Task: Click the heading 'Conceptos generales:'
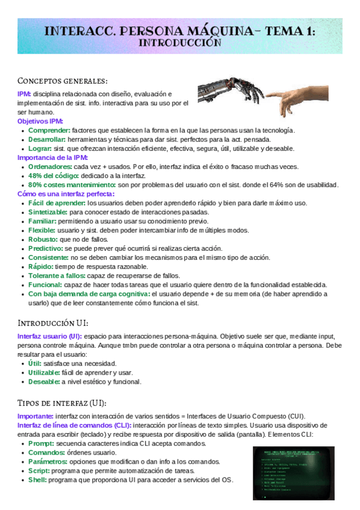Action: [63, 81]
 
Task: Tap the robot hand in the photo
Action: [231, 93]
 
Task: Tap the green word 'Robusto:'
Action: [44, 239]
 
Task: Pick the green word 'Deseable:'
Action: [44, 381]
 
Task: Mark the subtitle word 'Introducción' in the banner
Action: [180, 43]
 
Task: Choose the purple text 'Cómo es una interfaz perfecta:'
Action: [66, 194]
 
